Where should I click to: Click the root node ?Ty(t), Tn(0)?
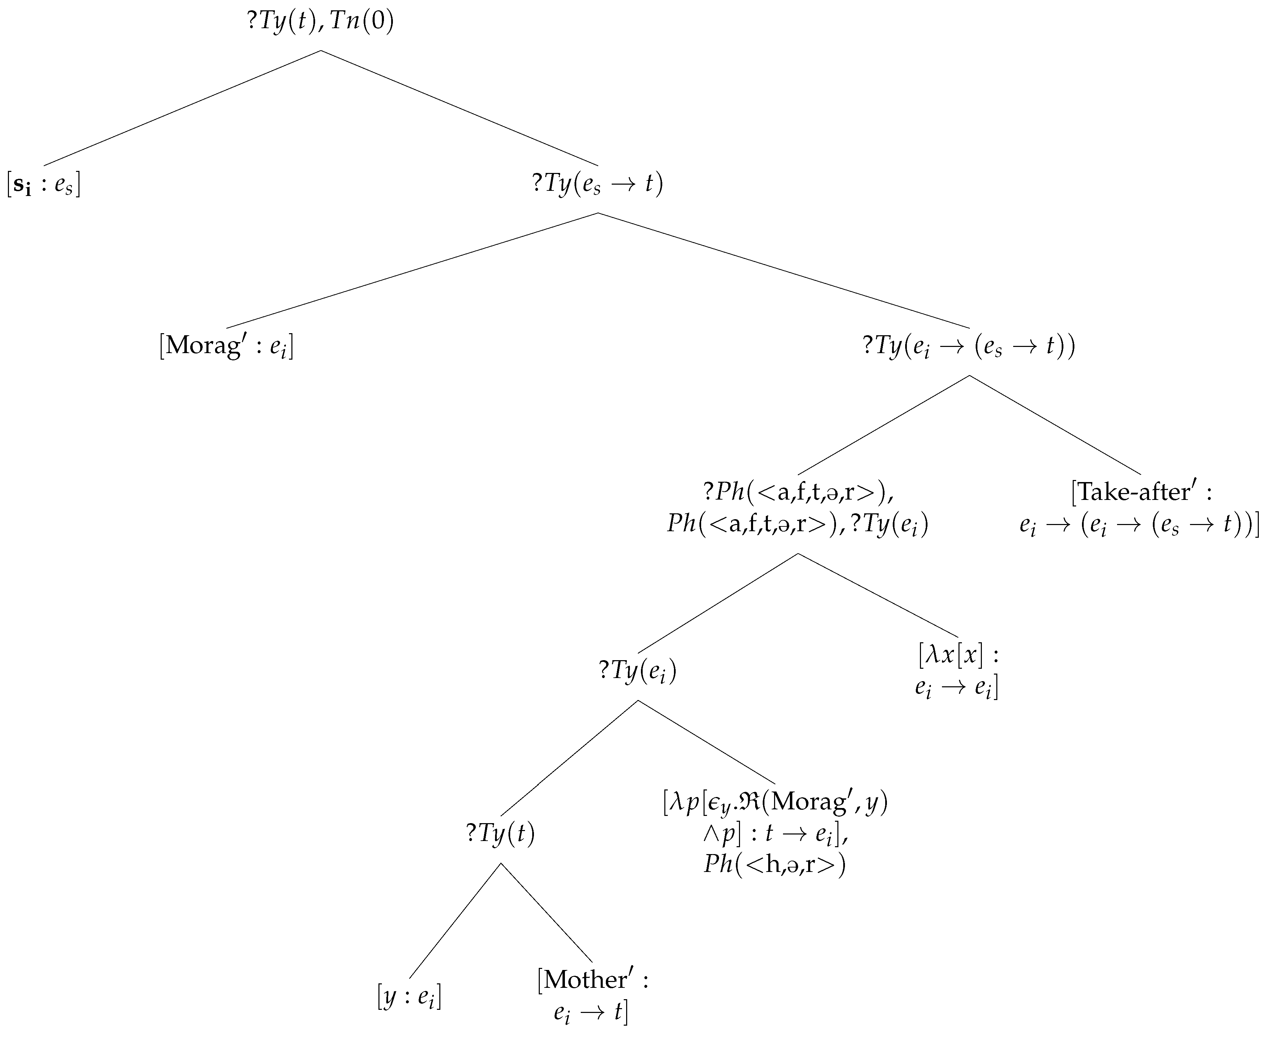coord(320,22)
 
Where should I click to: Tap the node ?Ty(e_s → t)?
coord(598,183)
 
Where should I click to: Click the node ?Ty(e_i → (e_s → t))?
coord(969,347)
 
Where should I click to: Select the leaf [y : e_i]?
coord(409,996)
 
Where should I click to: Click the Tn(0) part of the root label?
coord(362,22)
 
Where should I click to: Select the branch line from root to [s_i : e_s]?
coord(182,108)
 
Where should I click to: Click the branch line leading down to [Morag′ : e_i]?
coord(412,270)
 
